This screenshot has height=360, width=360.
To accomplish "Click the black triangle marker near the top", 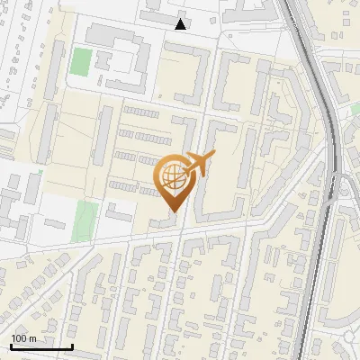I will pyautogui.click(x=181, y=24).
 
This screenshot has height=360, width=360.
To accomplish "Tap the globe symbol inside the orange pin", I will pyautogui.click(x=172, y=177).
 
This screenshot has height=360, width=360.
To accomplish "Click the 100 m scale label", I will pyautogui.click(x=23, y=338).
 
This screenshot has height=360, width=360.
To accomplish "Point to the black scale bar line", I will pyautogui.click(x=41, y=347).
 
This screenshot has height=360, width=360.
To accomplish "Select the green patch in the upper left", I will pyautogui.click(x=81, y=62).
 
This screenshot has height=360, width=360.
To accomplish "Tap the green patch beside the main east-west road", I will pyautogui.click(x=86, y=219).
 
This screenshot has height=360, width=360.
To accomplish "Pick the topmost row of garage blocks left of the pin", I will pyautogui.click(x=141, y=111).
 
